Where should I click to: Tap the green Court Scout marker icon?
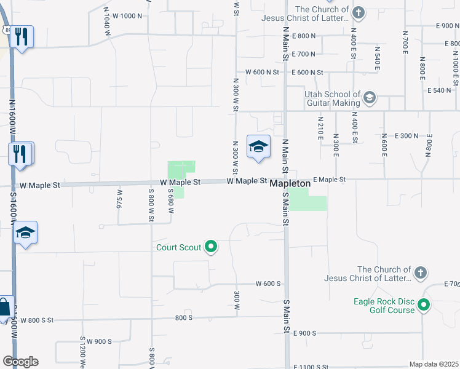pyautogui.click(x=211, y=247)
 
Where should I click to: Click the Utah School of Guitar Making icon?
pyautogui.click(x=369, y=98)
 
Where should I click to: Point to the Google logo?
pyautogui.click(x=20, y=362)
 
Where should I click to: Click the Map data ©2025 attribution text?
pyautogui.click(x=434, y=364)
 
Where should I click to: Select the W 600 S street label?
pyautogui.click(x=268, y=284)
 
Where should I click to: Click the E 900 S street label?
pyautogui.click(x=305, y=333)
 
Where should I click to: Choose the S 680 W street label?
pyautogui.click(x=172, y=200)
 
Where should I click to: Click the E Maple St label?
pyautogui.click(x=330, y=180)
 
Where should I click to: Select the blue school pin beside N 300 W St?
pyautogui.click(x=259, y=146)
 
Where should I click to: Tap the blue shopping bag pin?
pyautogui.click(x=4, y=307)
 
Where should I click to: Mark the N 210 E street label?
pyautogui.click(x=320, y=130)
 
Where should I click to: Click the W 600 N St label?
pyautogui.click(x=263, y=73)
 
